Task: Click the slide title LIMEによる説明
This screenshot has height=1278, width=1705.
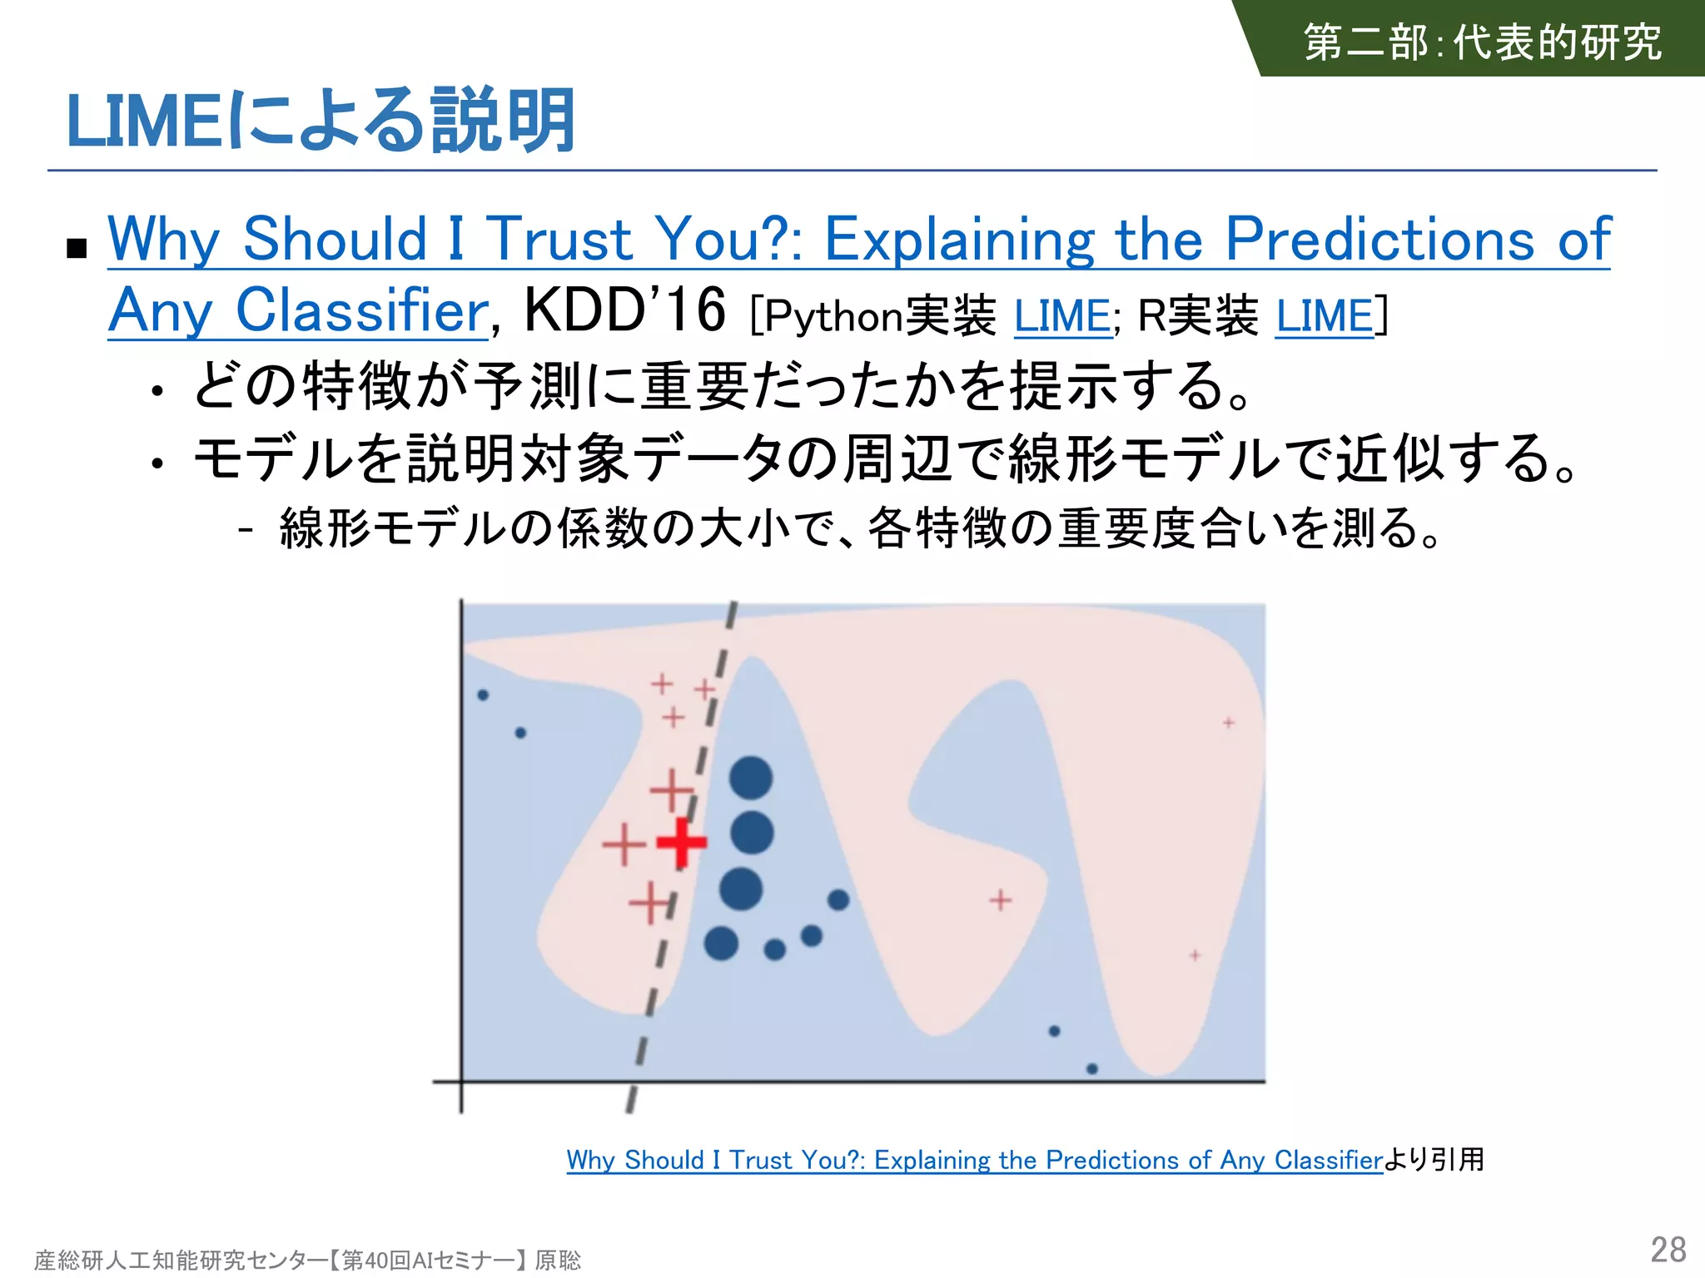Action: click(321, 121)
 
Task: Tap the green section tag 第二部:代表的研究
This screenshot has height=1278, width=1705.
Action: click(1482, 42)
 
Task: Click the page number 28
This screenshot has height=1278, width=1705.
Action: click(1668, 1250)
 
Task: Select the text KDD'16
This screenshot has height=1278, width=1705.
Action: click(624, 310)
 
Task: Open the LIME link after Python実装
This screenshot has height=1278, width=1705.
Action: click(1062, 316)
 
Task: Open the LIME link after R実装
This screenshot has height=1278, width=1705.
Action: click(1325, 316)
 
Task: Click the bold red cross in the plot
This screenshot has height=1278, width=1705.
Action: click(682, 842)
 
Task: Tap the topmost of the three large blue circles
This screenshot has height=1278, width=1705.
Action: click(751, 778)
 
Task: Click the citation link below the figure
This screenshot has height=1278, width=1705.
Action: click(974, 1160)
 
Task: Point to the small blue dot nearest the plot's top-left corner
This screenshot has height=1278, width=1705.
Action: click(483, 695)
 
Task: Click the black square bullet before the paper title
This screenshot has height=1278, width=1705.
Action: click(77, 248)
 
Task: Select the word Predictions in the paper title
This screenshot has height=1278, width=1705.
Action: click(1379, 240)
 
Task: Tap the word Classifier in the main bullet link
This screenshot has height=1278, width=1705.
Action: click(362, 310)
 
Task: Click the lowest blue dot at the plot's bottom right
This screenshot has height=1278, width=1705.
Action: click(1092, 1068)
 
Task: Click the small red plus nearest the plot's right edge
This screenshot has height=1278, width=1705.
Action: click(1229, 722)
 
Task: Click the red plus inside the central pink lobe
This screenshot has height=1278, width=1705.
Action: click(1001, 899)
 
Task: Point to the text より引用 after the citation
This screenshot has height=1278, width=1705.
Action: click(1434, 1159)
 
